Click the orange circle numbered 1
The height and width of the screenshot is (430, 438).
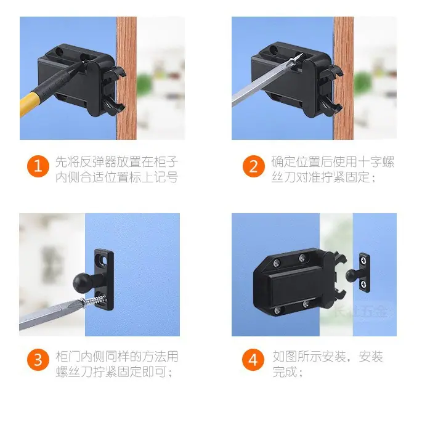tap(38, 166)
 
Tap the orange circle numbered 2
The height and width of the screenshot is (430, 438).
tap(254, 166)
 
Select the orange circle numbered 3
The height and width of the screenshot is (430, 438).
tap(38, 360)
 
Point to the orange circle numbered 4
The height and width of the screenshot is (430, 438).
tap(253, 360)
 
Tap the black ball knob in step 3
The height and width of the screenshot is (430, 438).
tap(81, 282)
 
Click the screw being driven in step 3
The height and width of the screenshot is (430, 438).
tap(94, 301)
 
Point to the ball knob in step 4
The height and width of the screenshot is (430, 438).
tap(351, 275)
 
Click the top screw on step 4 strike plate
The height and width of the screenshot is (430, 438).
tap(364, 261)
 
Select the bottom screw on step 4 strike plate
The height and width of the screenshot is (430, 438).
tap(364, 285)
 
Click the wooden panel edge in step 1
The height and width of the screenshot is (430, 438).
tap(126, 78)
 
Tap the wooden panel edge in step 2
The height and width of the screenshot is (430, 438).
tap(343, 78)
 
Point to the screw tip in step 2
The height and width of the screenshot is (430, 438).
tap(302, 54)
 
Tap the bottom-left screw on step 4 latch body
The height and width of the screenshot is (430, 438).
tap(277, 310)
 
